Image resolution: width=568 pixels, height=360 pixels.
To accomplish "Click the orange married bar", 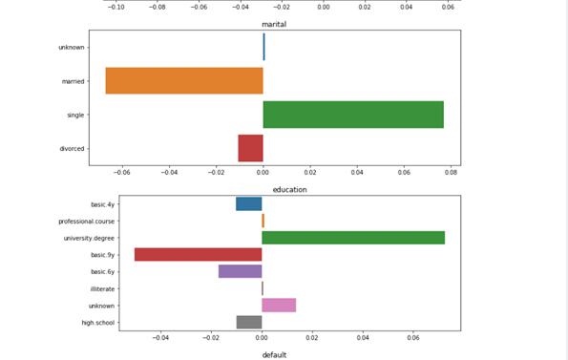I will [x=183, y=80].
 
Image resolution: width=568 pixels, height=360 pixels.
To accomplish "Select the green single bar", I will [x=353, y=115].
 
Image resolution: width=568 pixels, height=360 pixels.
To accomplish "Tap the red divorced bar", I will [x=250, y=148].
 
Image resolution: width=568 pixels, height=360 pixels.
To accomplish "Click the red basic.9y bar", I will [x=198, y=254].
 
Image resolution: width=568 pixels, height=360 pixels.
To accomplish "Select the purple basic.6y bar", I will [x=240, y=271].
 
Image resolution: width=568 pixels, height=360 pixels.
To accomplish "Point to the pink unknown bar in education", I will [x=279, y=305].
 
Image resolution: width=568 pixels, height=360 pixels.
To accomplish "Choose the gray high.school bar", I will [x=249, y=322].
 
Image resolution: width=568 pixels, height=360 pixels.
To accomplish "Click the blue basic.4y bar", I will [x=249, y=203].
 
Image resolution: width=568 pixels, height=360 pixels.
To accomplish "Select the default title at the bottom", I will [x=275, y=354].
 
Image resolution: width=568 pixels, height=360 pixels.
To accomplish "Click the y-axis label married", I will [x=72, y=81].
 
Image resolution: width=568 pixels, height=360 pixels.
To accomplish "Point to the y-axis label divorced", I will [x=71, y=149].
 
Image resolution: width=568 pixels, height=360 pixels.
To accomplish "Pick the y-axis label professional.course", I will [x=86, y=221].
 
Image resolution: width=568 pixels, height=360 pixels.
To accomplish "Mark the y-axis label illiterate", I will [x=102, y=288].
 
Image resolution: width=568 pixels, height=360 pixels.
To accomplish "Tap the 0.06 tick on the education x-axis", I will [x=413, y=337].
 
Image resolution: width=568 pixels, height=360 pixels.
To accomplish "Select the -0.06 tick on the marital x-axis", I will [x=122, y=174].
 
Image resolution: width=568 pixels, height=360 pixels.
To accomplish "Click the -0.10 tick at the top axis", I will [x=116, y=6].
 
